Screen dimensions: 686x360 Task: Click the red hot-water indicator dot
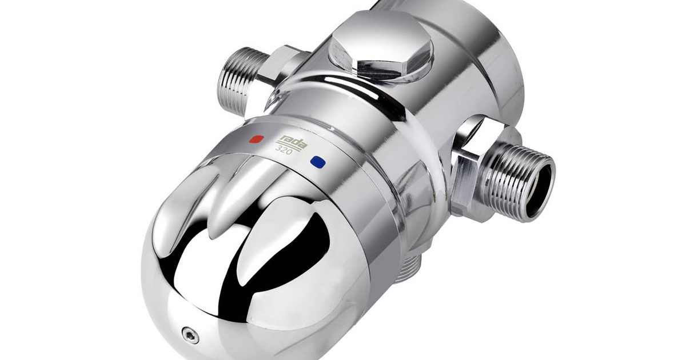[x=257, y=139]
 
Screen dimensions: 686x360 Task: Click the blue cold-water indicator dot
[x=318, y=162]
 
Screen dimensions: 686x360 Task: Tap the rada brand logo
[x=292, y=142]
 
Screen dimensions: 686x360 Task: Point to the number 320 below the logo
[x=284, y=150]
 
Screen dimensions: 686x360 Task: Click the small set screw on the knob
[x=190, y=334]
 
